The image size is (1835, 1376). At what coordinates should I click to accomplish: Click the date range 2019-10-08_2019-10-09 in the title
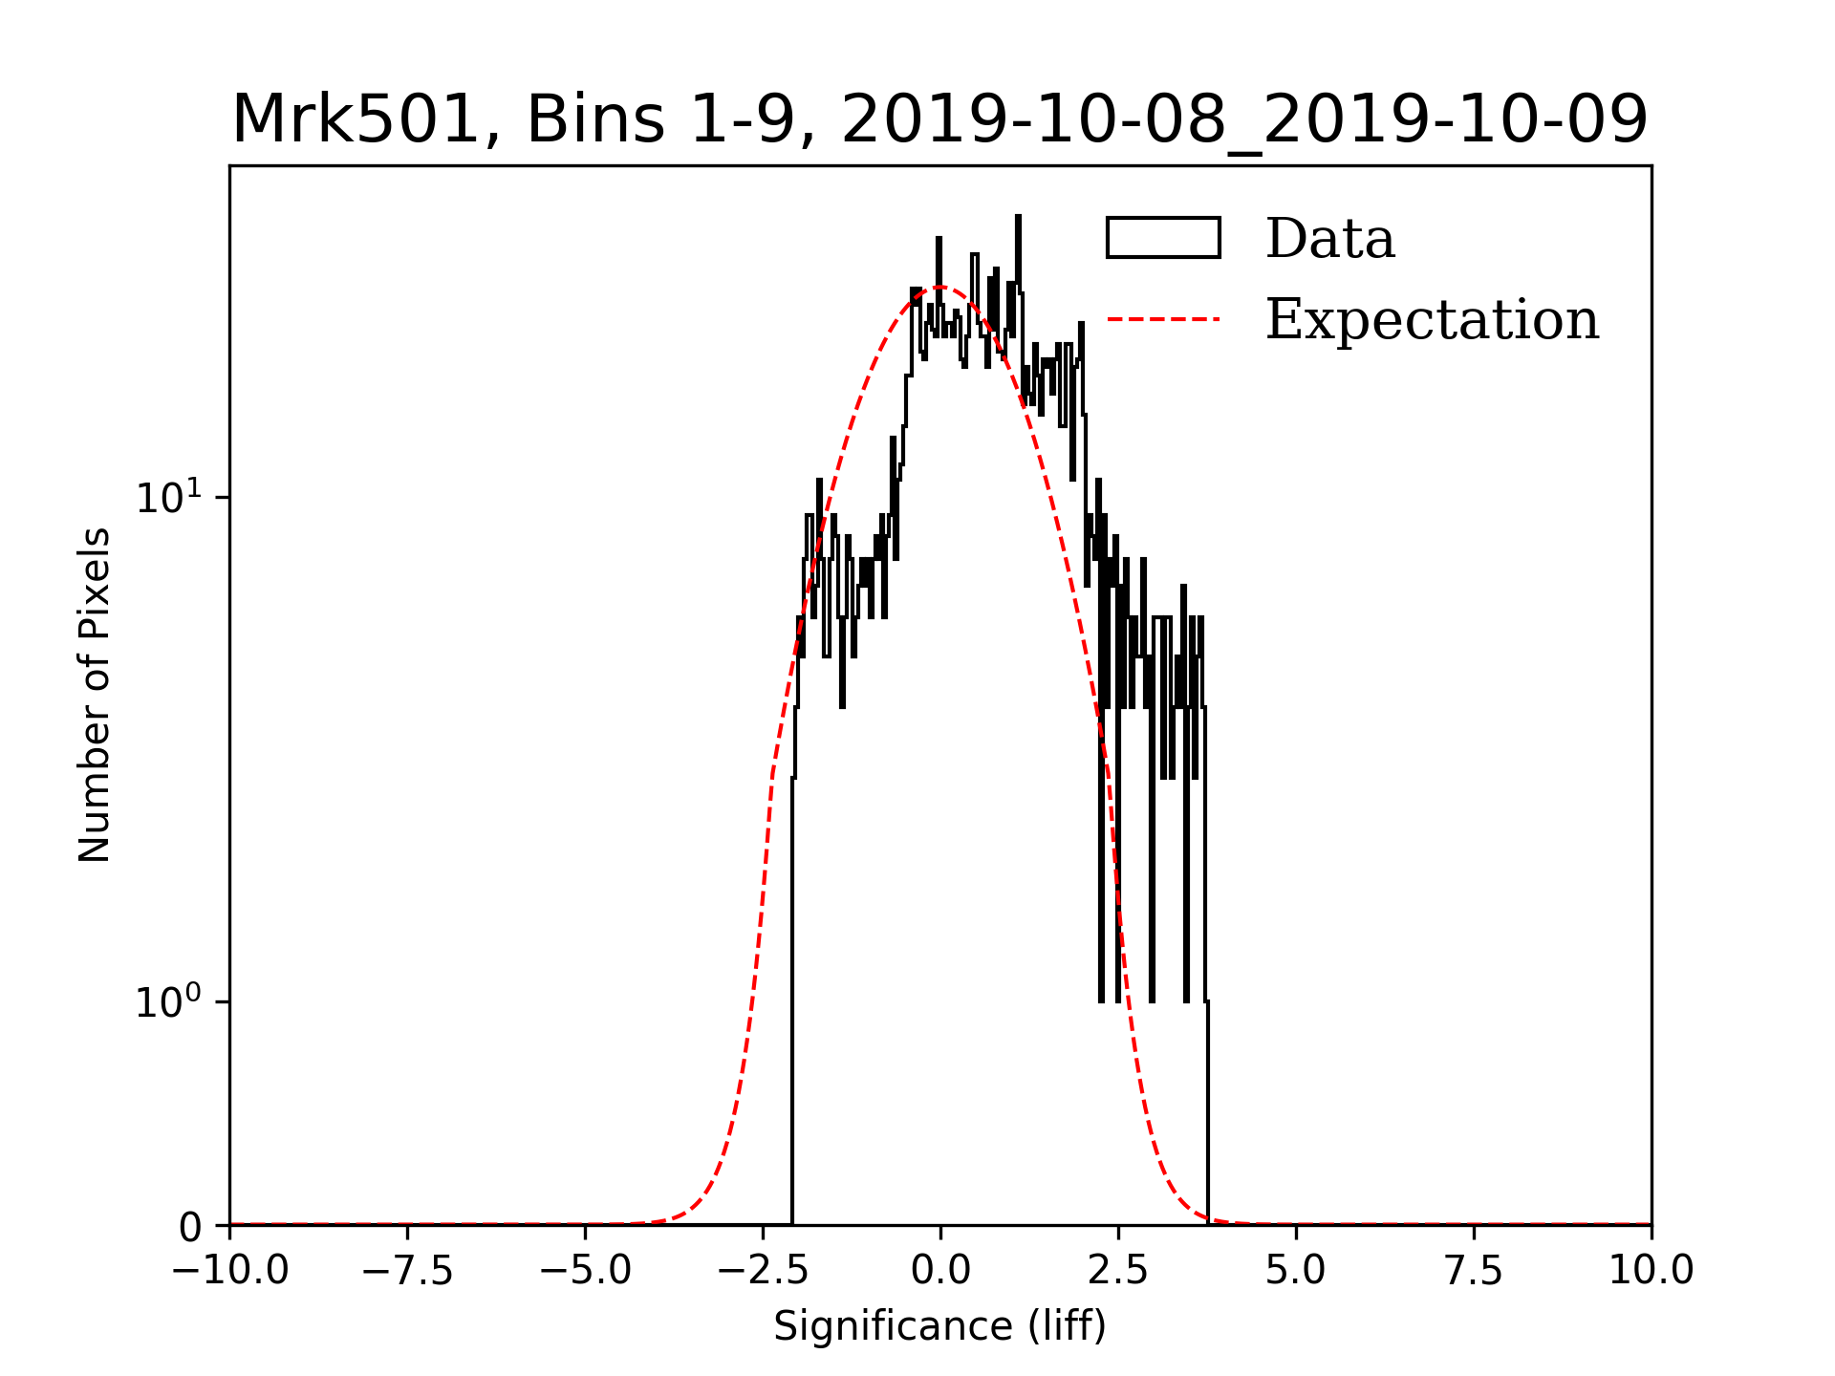[x=1244, y=120]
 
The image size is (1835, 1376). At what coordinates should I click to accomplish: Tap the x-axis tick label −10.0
[x=229, y=1271]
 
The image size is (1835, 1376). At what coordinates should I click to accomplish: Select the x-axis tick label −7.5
[x=407, y=1271]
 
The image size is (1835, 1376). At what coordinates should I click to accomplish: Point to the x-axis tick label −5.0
[x=585, y=1271]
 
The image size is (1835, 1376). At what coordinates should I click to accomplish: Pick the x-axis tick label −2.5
[x=763, y=1271]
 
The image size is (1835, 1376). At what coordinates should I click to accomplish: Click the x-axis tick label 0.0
[x=940, y=1271]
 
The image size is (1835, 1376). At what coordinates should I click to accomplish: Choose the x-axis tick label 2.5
[x=1118, y=1271]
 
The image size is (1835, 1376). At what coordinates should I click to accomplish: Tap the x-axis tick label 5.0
[x=1296, y=1271]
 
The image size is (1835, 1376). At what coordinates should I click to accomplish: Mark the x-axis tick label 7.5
[x=1474, y=1271]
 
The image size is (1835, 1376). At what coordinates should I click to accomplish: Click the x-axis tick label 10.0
[x=1651, y=1271]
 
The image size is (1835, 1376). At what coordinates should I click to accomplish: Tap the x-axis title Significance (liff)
[x=940, y=1327]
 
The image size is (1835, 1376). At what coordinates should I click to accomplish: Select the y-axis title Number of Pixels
[x=95, y=695]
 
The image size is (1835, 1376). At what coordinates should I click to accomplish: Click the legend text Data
[x=1329, y=239]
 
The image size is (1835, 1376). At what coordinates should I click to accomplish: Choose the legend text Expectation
[x=1432, y=319]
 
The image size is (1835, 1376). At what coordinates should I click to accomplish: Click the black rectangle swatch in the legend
[x=1163, y=238]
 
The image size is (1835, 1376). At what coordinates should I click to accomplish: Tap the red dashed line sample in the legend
[x=1163, y=319]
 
